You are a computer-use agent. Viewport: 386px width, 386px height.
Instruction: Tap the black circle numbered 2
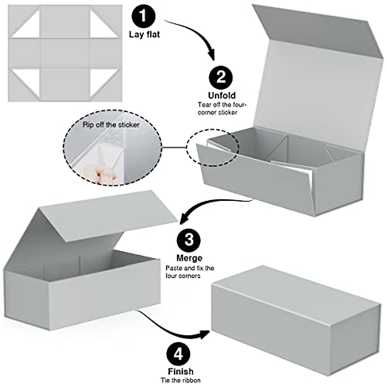tap(221, 77)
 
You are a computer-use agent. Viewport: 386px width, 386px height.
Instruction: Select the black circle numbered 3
tap(189, 240)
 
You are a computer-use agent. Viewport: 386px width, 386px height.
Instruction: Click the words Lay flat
tap(144, 34)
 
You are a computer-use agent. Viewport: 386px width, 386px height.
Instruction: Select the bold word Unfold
tap(222, 96)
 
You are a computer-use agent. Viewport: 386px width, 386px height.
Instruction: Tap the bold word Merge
tap(189, 258)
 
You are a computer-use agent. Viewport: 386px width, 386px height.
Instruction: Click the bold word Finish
tap(181, 372)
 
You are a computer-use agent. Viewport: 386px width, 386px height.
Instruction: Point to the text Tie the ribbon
tap(181, 381)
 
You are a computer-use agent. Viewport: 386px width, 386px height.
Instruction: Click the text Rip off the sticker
tap(111, 124)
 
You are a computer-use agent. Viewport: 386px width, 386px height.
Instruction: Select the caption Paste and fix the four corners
tap(190, 272)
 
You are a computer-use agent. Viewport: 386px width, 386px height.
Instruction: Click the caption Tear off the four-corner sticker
tap(222, 108)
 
